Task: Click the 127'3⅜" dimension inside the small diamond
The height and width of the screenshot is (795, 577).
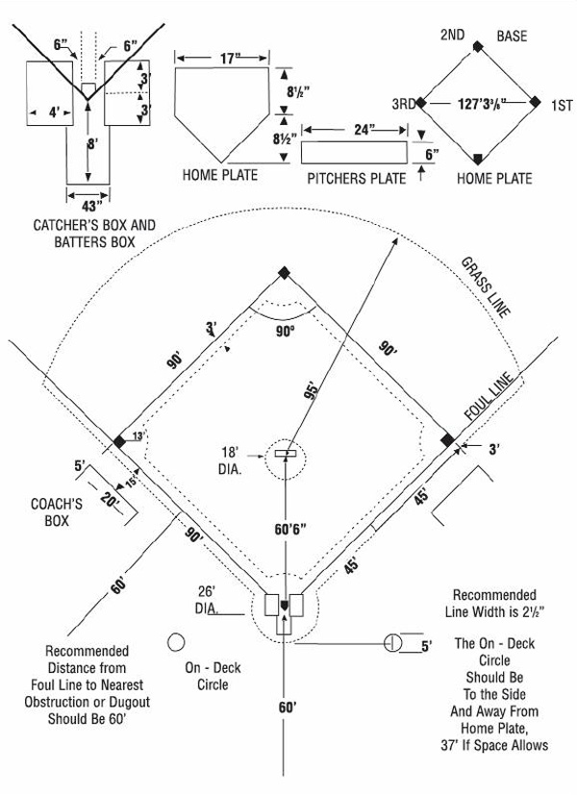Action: [477, 101]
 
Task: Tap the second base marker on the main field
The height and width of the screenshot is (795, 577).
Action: [283, 273]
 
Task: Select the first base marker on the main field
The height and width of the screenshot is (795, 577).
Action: [446, 440]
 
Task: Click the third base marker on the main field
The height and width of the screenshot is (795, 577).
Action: [118, 440]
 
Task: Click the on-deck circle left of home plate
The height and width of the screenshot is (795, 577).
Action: [176, 641]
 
